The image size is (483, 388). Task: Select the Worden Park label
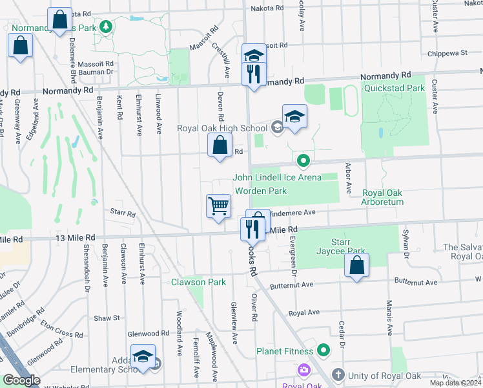click(x=260, y=191)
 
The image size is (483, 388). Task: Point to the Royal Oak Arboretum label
click(x=382, y=197)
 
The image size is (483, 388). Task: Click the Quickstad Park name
click(x=394, y=88)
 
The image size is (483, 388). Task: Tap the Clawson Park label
click(x=198, y=282)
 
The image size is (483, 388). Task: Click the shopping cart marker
click(x=219, y=207)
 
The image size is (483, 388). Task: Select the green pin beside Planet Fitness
click(x=323, y=351)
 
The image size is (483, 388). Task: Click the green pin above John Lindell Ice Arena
click(x=302, y=160)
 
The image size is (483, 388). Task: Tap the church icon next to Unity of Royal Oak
click(x=338, y=375)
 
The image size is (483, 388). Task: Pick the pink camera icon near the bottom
click(x=303, y=371)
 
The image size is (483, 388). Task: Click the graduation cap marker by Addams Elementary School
click(x=143, y=356)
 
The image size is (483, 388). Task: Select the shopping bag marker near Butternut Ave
click(x=356, y=265)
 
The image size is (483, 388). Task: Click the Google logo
click(x=21, y=380)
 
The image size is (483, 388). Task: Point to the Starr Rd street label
click(x=122, y=213)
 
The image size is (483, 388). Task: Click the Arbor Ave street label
click(x=348, y=178)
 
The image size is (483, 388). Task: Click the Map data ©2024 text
click(x=455, y=383)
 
